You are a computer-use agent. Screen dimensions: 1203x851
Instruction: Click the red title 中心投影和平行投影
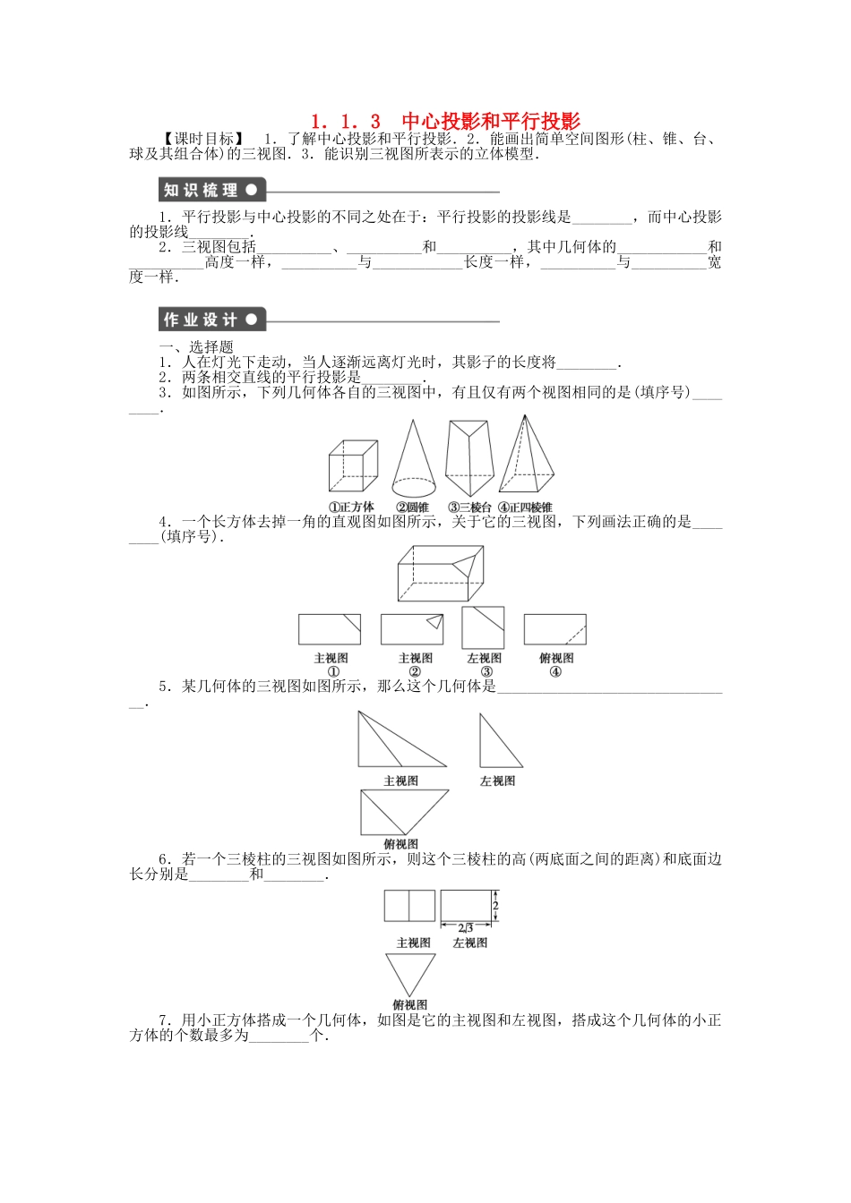tap(491, 121)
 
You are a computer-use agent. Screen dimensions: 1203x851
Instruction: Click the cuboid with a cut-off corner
tap(441, 574)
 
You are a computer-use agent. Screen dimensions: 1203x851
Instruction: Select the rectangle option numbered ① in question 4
tap(330, 629)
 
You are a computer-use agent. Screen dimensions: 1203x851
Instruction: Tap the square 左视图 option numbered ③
tap(483, 627)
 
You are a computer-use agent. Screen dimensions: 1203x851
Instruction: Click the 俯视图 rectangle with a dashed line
tap(554, 629)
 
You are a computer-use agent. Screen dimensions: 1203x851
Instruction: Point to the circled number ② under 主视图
tap(415, 672)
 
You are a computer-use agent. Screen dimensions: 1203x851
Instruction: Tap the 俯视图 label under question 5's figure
tap(400, 844)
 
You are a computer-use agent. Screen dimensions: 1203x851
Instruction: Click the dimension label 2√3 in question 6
tap(465, 928)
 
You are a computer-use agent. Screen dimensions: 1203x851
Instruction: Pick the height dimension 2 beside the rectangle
tap(495, 906)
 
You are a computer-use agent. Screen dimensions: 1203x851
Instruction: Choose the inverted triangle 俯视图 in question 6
tap(410, 972)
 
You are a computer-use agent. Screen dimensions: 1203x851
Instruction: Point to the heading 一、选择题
tap(196, 347)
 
